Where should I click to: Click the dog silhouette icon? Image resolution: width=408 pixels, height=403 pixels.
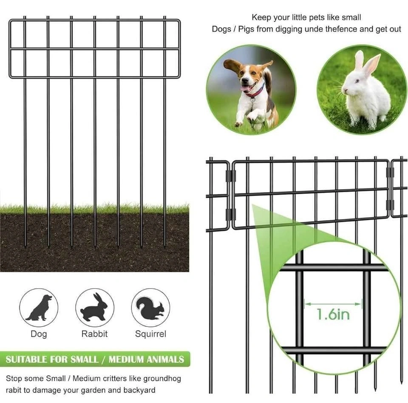pyautogui.click(x=39, y=307)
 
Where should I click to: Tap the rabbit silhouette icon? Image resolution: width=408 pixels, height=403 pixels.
pyautogui.click(x=94, y=307)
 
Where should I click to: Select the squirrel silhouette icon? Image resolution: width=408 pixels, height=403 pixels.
pyautogui.click(x=150, y=308)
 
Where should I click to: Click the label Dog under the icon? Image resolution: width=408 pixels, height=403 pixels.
pyautogui.click(x=39, y=334)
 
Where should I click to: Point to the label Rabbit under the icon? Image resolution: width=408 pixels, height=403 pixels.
pyautogui.click(x=94, y=334)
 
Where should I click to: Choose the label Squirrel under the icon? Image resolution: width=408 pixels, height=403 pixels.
pyautogui.click(x=150, y=334)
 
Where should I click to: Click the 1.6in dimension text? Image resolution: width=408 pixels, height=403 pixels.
pyautogui.click(x=333, y=315)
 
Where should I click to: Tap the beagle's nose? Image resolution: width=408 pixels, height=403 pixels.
pyautogui.click(x=244, y=80)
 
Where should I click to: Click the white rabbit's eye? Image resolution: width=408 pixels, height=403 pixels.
pyautogui.click(x=357, y=81)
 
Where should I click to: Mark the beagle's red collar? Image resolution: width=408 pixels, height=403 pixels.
pyautogui.click(x=256, y=93)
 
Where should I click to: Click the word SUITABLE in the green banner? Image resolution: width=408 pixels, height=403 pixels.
pyautogui.click(x=26, y=360)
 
